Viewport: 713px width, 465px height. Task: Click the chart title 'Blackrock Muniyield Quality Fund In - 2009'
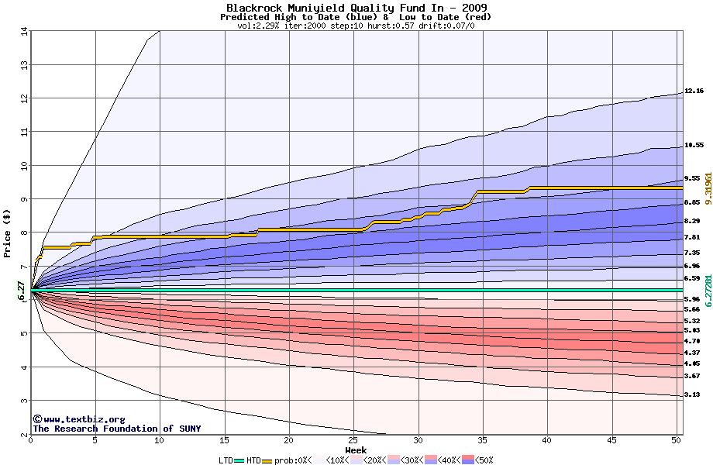(x=356, y=7)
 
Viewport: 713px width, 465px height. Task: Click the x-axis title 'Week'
(x=356, y=449)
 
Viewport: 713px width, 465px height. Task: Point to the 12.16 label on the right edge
(x=694, y=91)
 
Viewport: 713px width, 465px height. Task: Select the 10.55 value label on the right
(x=694, y=145)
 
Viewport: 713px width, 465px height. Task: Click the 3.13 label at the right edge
(x=692, y=394)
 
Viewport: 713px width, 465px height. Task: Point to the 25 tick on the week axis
(x=353, y=440)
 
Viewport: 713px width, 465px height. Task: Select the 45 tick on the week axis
(x=611, y=440)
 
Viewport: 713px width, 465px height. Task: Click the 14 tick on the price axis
(x=24, y=32)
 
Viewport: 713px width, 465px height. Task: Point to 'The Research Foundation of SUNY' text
(x=116, y=429)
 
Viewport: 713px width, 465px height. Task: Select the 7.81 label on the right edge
(x=692, y=237)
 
